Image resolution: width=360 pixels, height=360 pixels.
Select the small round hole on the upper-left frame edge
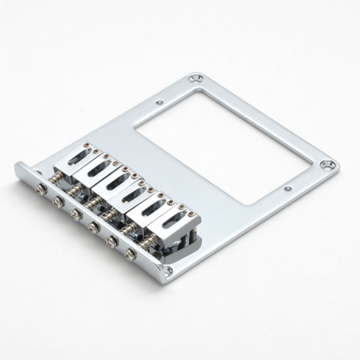click(159, 103)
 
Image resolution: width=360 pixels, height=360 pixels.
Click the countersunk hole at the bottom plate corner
click(169, 271)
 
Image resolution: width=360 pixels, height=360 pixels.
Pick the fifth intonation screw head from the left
click(112, 241)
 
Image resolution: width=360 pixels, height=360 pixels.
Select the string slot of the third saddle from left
click(116, 182)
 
